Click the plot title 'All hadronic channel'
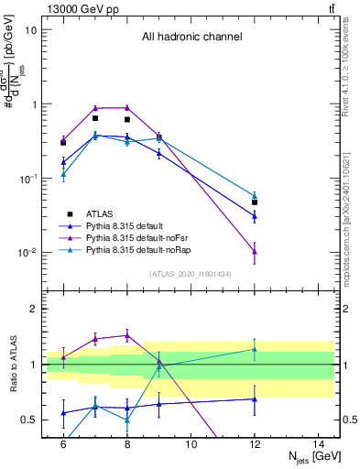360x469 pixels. pos(191,38)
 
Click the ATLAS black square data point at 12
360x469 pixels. pos(255,202)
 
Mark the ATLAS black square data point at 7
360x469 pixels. pos(95,118)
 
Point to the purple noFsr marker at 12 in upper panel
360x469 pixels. pos(255,252)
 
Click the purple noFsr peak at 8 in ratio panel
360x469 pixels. pos(127,335)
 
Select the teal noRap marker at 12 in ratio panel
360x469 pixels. pos(255,349)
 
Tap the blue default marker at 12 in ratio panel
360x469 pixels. pos(255,398)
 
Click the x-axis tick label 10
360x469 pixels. pos(191,444)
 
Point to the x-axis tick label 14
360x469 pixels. pos(319,444)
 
